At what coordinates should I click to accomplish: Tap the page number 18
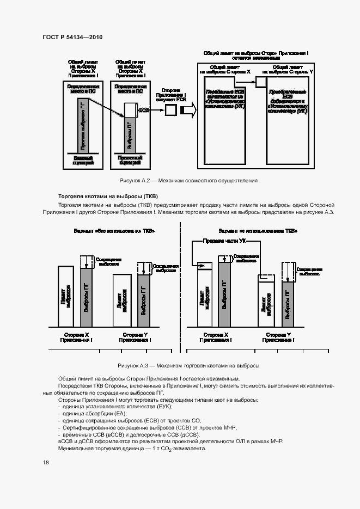click(46, 462)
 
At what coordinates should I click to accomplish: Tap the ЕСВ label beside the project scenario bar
click(144, 110)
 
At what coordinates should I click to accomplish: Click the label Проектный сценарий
click(130, 160)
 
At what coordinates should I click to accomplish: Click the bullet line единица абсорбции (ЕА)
click(91, 414)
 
